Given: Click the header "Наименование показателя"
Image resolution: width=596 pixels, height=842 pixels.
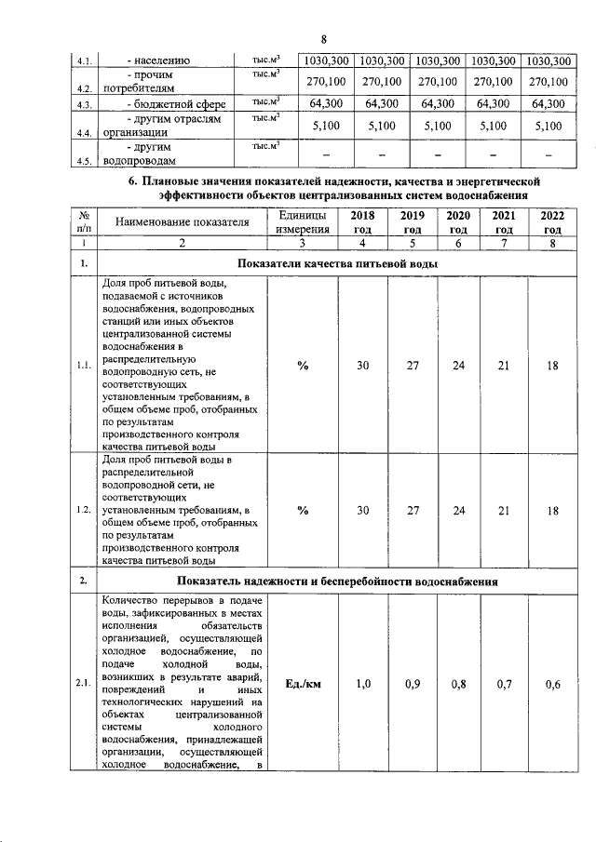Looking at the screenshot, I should [x=183, y=222].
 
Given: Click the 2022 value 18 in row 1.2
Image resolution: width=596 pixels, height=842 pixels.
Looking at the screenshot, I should [x=552, y=510].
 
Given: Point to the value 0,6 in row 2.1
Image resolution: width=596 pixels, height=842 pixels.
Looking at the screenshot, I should [x=552, y=685].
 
